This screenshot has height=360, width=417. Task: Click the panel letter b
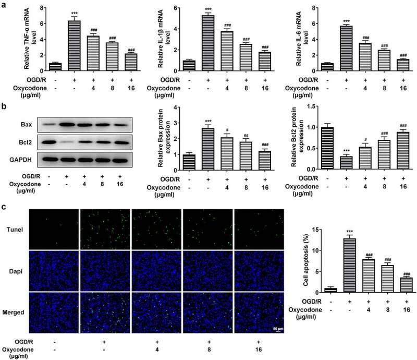click(5, 108)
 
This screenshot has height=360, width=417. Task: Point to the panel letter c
click(5, 206)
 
